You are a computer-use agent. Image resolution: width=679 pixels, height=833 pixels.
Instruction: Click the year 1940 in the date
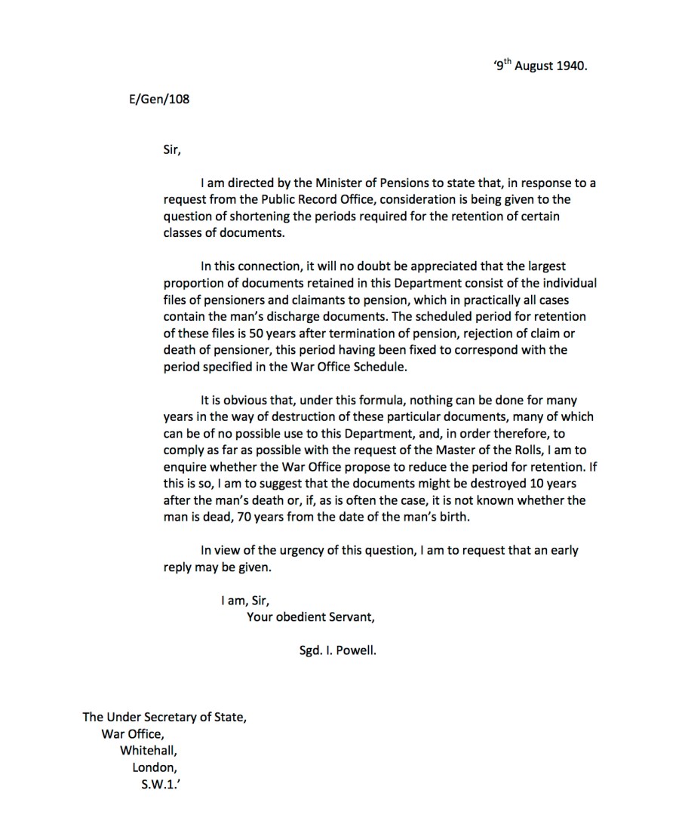click(x=572, y=66)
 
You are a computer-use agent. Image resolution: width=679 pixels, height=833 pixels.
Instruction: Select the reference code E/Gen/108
click(x=159, y=99)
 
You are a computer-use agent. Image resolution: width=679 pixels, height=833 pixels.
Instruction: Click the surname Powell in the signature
click(x=356, y=650)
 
